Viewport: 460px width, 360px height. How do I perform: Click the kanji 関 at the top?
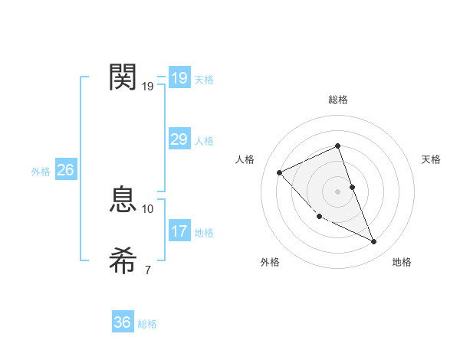(x=123, y=77)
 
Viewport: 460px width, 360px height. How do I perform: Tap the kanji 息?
(x=123, y=201)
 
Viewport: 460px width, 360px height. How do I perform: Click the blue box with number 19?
(x=179, y=78)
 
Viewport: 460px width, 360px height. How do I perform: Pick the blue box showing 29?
(x=179, y=139)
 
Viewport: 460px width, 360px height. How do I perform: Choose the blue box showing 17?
(x=179, y=231)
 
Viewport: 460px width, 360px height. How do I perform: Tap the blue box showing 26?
(x=65, y=170)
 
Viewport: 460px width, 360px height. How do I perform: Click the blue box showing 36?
(x=123, y=322)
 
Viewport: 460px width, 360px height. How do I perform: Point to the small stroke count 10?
(x=148, y=208)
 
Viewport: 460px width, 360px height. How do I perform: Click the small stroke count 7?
(x=148, y=270)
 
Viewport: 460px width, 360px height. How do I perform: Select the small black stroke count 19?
(x=148, y=86)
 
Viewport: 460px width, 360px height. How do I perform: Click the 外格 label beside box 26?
(x=41, y=172)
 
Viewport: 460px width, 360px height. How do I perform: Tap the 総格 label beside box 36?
(x=147, y=324)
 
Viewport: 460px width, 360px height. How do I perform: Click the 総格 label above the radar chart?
(x=337, y=100)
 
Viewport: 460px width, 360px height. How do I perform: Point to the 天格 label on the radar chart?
(x=431, y=159)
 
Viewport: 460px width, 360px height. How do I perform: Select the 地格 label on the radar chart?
(x=402, y=262)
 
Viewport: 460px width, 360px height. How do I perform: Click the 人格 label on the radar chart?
(x=245, y=159)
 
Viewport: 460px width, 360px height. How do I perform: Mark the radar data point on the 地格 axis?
(x=374, y=242)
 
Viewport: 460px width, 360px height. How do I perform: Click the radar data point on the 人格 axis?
(x=280, y=172)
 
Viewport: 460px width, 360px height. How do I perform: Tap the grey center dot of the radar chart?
(x=337, y=191)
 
